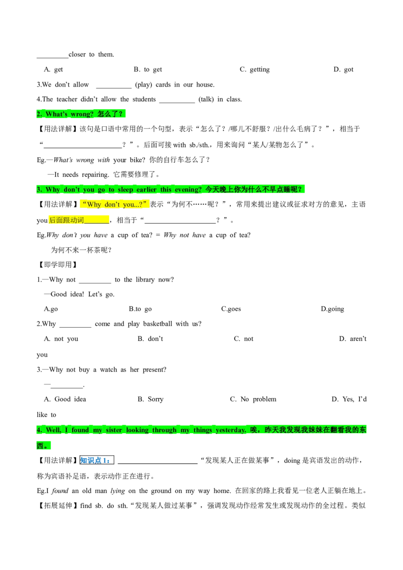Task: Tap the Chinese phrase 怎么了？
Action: click(110, 114)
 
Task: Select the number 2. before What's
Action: click(39, 114)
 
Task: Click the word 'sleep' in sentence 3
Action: click(125, 190)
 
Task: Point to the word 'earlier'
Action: click(147, 190)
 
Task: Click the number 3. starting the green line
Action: click(39, 190)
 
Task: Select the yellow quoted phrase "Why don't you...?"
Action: click(115, 204)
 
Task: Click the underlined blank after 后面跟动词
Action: click(97, 220)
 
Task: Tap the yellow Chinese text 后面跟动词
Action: click(66, 220)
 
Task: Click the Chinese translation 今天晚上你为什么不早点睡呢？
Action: click(255, 189)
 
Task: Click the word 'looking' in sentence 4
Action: click(138, 430)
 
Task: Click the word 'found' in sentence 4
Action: click(80, 430)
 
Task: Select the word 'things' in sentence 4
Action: click(203, 430)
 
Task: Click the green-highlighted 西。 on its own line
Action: click(44, 446)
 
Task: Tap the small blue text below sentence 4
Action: click(96, 460)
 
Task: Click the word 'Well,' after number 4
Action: click(53, 430)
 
